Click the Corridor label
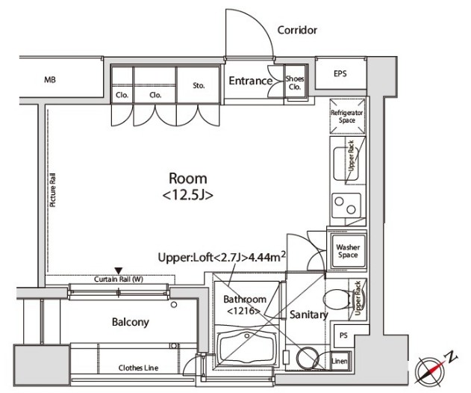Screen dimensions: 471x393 (297, 30)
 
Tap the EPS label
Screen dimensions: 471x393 (340, 73)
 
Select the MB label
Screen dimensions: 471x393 (50, 80)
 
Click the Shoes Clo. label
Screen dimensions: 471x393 (295, 83)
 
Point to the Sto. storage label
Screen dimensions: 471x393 (199, 86)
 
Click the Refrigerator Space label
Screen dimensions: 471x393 (347, 117)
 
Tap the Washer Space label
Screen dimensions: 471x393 (348, 251)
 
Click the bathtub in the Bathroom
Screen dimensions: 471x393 (247, 348)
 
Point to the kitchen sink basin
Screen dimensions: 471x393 (346, 164)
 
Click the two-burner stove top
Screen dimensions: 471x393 (346, 205)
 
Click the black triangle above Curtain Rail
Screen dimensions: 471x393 (119, 270)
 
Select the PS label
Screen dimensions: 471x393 (343, 335)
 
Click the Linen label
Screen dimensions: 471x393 (340, 361)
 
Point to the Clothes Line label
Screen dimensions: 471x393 (138, 368)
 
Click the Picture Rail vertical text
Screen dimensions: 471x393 (53, 190)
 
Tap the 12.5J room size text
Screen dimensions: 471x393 (188, 196)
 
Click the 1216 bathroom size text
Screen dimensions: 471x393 (243, 311)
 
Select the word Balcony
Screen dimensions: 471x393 (131, 322)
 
